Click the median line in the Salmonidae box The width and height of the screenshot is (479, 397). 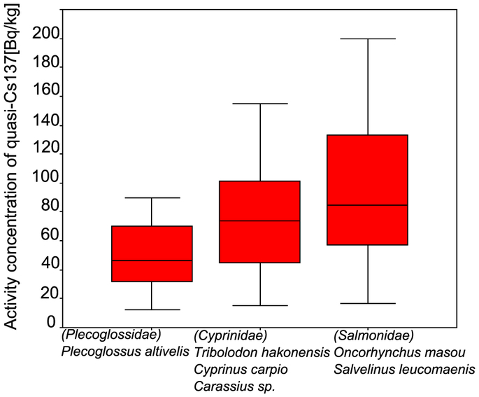(367, 205)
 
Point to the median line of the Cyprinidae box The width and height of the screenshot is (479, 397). (259, 221)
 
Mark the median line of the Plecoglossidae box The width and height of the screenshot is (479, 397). (152, 260)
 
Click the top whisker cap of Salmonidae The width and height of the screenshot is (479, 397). (367, 39)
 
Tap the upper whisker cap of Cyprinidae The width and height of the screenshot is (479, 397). (259, 104)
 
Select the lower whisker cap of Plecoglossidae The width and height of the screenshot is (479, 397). (152, 309)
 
